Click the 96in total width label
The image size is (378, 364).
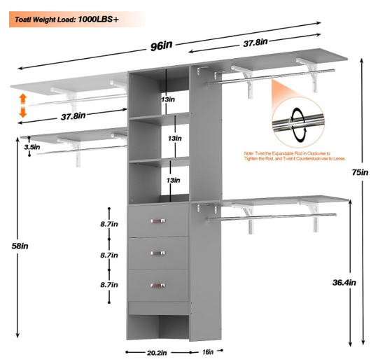coord(161,45)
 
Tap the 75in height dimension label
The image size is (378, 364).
coord(360,172)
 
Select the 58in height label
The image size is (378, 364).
coord(20,246)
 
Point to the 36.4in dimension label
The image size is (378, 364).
coord(344,282)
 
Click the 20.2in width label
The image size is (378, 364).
coord(157,353)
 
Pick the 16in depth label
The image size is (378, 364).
coord(208,352)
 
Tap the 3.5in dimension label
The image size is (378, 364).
coord(32,147)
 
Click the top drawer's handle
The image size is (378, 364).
coord(158,220)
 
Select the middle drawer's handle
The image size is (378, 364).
coord(158,253)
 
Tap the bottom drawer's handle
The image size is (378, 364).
coord(158,286)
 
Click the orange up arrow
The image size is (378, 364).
coord(23,99)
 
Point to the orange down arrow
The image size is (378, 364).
coord(23,111)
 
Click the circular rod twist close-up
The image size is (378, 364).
coord(298,122)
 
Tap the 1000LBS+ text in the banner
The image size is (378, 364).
coord(99,20)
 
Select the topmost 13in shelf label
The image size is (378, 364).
coord(168,99)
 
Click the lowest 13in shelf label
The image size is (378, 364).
coord(173,181)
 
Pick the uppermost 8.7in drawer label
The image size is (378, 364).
coord(109,224)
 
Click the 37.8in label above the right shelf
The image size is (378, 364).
coord(255,43)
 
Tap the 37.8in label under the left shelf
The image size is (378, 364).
coord(73,116)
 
